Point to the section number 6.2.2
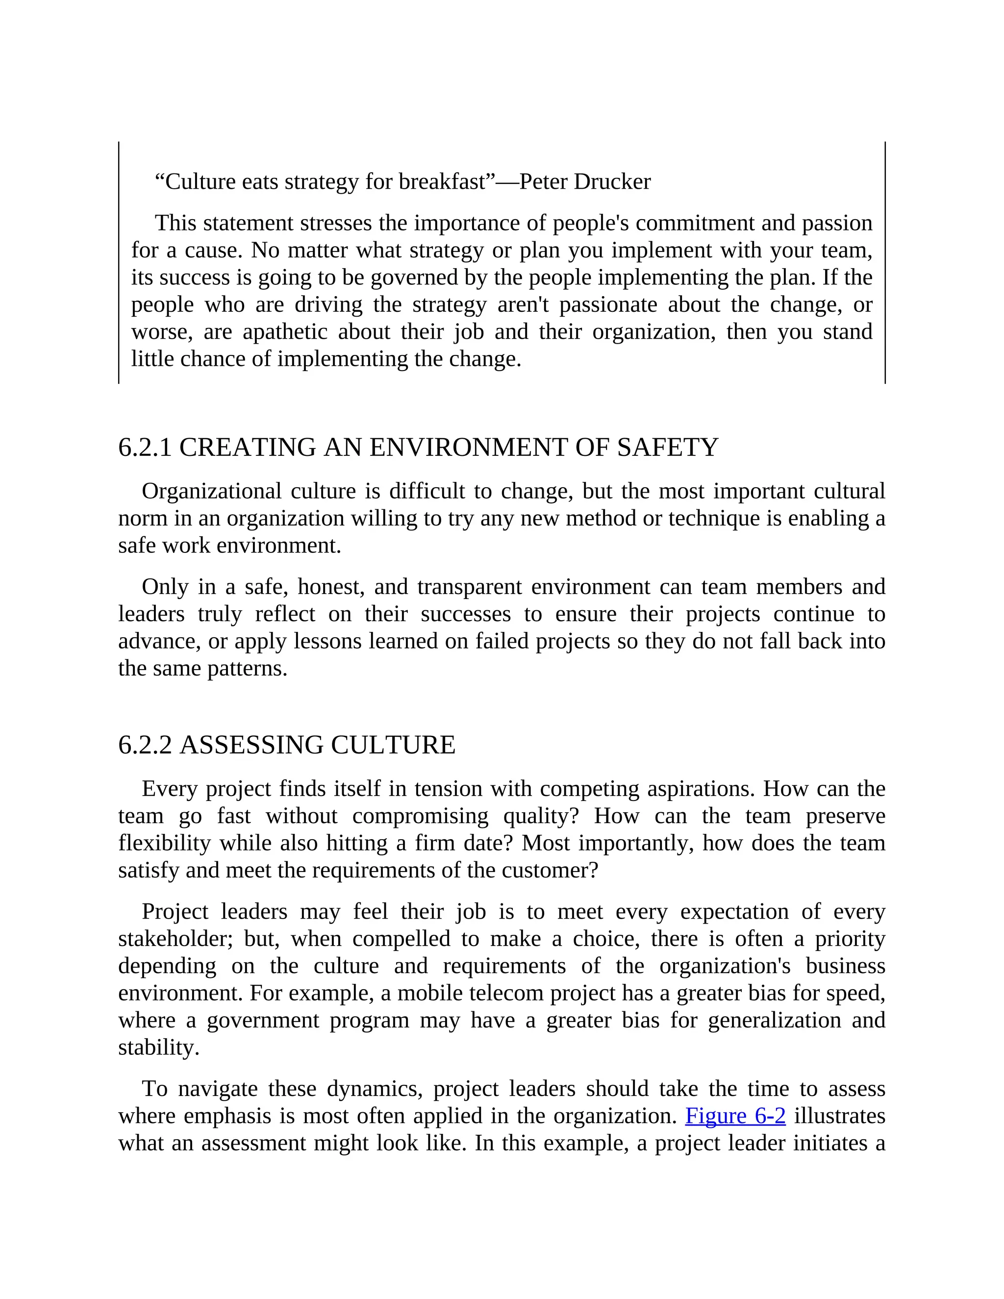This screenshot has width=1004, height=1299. [145, 745]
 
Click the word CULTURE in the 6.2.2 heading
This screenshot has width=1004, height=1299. [393, 745]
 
